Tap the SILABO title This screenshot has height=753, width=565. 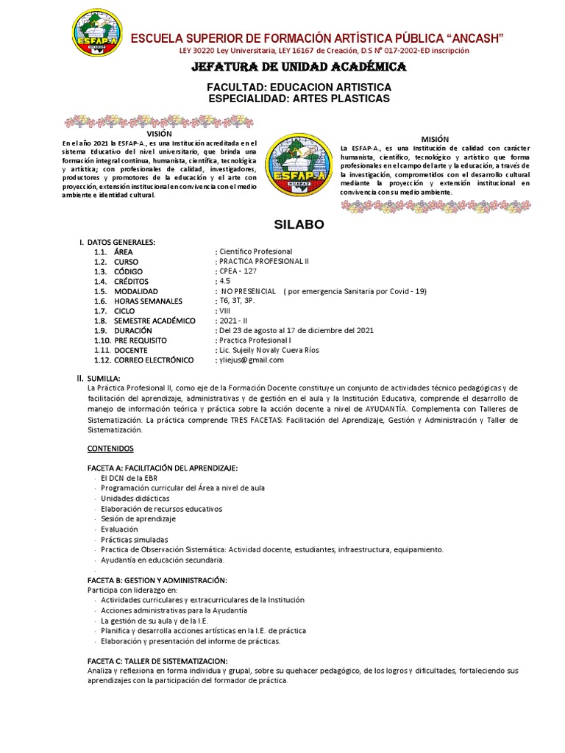coord(298,224)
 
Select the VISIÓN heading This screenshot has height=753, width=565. coord(159,133)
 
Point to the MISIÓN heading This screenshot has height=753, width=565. coord(435,139)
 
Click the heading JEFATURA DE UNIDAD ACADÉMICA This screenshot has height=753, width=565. coord(299,68)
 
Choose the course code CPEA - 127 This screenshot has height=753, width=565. coord(236,271)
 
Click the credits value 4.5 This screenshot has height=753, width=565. coord(224,282)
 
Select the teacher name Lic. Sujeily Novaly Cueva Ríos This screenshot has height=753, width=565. coord(268,350)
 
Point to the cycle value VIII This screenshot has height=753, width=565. coord(224,311)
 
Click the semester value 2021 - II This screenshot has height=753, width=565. coord(233,321)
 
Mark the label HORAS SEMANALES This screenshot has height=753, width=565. coord(147,301)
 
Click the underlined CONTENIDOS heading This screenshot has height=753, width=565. coord(110,447)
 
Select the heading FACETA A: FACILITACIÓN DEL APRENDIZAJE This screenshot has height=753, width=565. coord(163,468)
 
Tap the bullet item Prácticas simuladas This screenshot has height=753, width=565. coord(135,539)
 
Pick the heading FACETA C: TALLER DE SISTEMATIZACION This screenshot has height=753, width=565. coord(157,660)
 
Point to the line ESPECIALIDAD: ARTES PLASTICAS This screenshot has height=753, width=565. coord(299,99)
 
